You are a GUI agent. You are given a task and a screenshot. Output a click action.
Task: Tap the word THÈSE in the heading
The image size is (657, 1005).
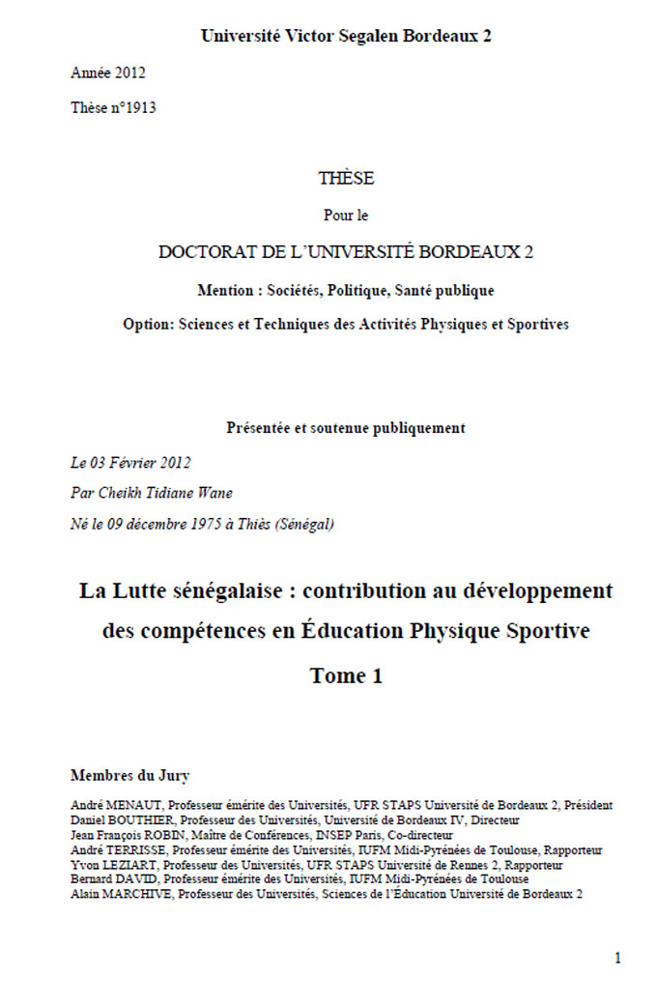click(345, 179)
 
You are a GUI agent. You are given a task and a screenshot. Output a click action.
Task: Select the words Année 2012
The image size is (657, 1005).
click(108, 72)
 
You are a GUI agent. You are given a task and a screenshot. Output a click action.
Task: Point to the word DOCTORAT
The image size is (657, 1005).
click(205, 252)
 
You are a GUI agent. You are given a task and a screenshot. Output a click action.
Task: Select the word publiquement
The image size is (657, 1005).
click(416, 428)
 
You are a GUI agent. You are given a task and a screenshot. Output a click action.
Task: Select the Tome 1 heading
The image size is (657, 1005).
click(346, 676)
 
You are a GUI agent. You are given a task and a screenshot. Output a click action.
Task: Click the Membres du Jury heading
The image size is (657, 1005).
click(129, 775)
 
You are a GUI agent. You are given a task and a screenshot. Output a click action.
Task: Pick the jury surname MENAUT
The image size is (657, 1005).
click(135, 805)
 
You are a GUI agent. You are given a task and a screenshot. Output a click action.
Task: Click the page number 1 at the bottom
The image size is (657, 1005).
click(617, 959)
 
